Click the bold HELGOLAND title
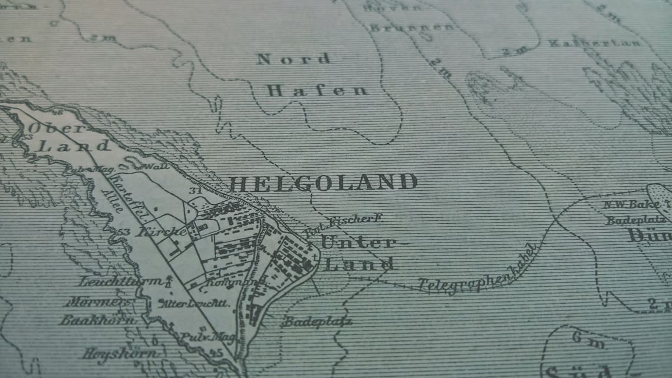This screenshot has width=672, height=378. [x=323, y=183]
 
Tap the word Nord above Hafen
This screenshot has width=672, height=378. [x=293, y=59]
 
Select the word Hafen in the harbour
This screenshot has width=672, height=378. [x=317, y=91]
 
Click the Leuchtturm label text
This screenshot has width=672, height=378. [x=120, y=281]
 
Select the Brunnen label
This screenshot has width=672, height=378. [x=411, y=28]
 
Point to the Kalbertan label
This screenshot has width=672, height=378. [x=594, y=43]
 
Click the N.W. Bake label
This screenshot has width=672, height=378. [x=631, y=205]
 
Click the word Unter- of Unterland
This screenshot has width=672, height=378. [x=358, y=242]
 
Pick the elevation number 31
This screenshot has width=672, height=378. [x=195, y=191]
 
